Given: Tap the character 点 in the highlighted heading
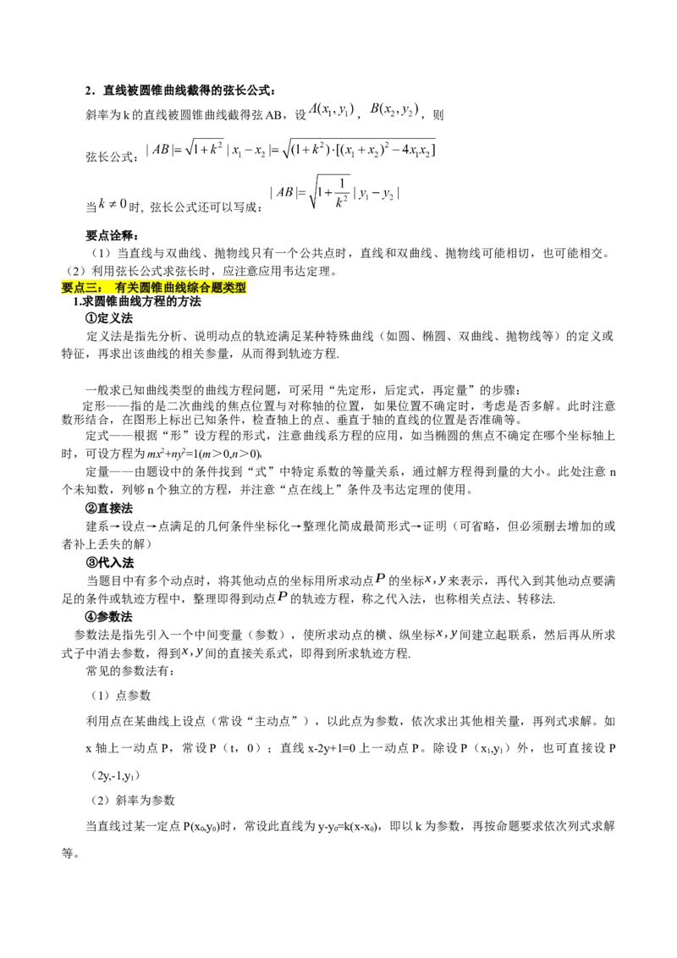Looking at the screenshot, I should [x=81, y=288].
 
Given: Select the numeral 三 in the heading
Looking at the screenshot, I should [x=93, y=288].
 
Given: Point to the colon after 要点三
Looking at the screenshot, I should [x=104, y=288].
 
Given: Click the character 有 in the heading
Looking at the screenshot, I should [x=122, y=288].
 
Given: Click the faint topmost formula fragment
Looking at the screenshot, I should [x=364, y=109].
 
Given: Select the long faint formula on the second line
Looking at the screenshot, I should [x=288, y=151].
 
